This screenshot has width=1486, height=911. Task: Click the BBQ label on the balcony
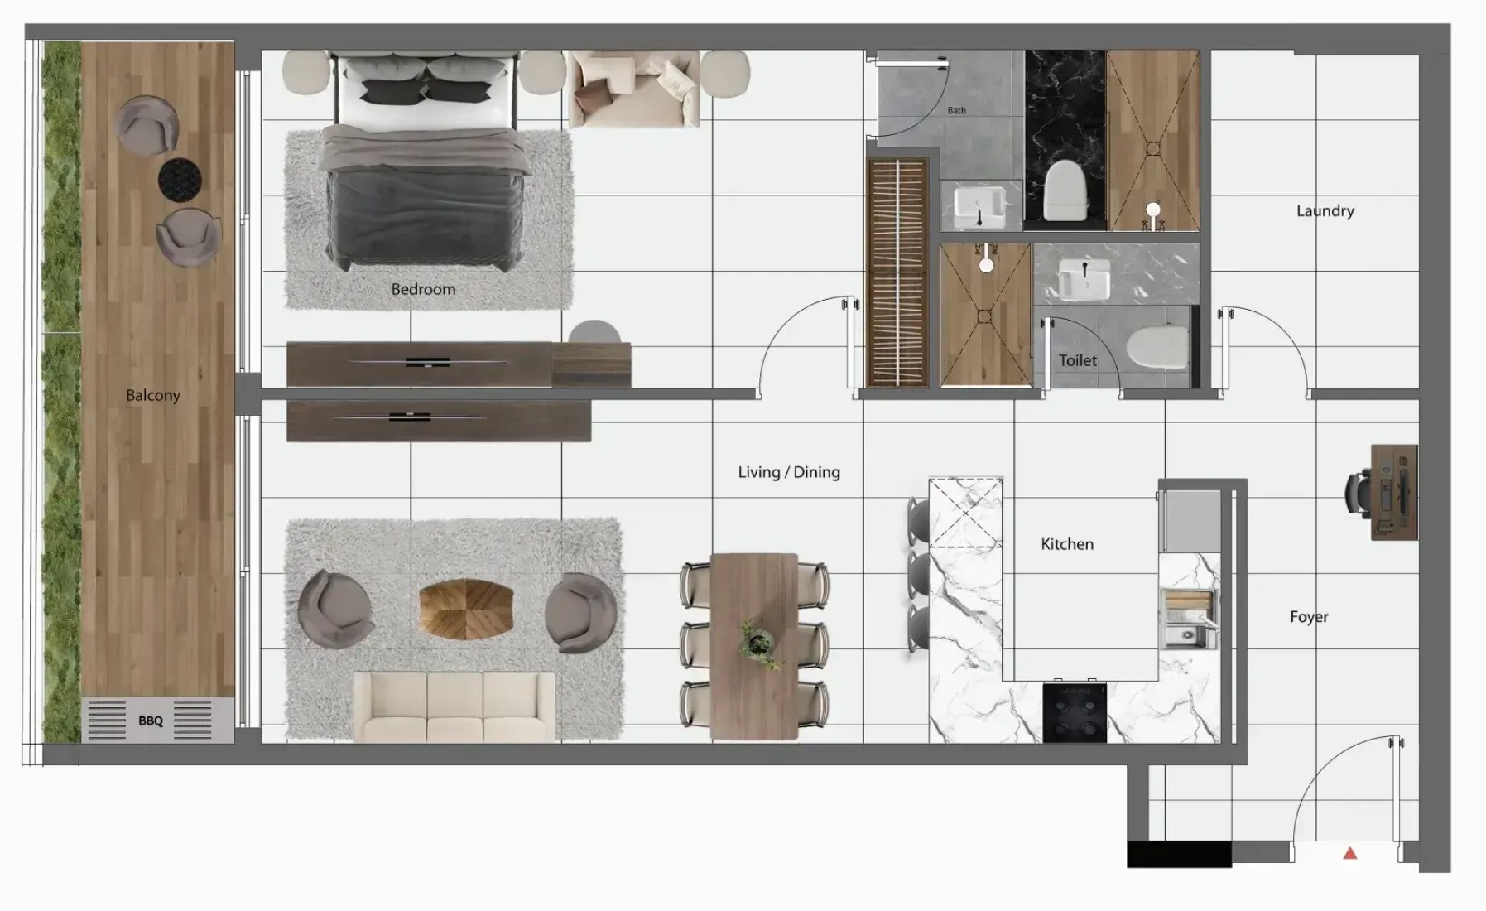point(151,721)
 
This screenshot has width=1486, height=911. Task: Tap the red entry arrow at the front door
point(1350,852)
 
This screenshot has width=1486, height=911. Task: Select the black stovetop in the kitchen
point(1075,712)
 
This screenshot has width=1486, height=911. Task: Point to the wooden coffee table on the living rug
point(466,609)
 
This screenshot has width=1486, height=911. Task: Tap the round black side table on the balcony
point(180,179)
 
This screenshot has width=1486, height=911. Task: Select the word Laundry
point(1325,211)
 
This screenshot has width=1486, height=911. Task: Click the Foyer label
point(1309,617)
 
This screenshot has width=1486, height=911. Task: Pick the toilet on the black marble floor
point(1065,190)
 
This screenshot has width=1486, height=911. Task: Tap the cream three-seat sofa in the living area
point(454,706)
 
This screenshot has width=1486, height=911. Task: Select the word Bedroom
point(423,289)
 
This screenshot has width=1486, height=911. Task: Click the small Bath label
point(956,110)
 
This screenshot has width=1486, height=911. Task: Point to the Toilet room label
point(1078,360)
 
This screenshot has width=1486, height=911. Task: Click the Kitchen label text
point(1067,544)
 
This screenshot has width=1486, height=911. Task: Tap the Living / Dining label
point(789,472)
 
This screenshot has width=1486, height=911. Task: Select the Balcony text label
point(153,396)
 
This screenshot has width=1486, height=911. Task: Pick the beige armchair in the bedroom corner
point(635,88)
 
